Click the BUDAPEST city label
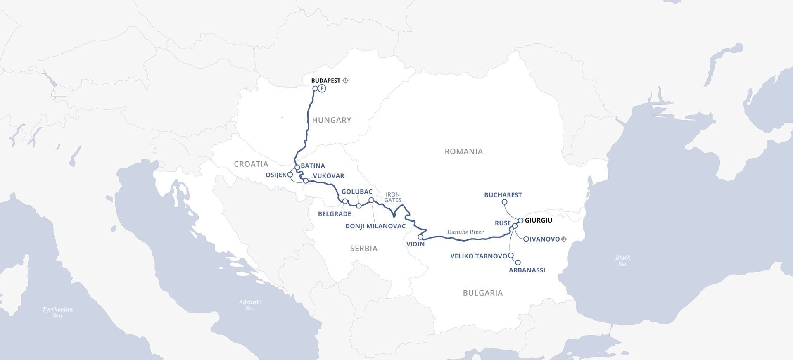coord(325,81)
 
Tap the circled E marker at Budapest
coord(322,88)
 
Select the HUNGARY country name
coord(332,120)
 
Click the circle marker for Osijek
coord(290,175)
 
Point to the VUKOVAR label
coord(328,176)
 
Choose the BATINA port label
coord(313,166)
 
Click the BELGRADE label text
coord(335,214)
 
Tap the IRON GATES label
coord(392,197)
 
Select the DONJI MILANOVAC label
coord(375,226)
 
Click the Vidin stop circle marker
coord(420,237)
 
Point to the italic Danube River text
coord(465,232)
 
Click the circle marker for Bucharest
coord(504,202)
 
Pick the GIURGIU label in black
coord(538,220)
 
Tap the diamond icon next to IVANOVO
coord(564,239)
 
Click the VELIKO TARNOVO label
coord(478,256)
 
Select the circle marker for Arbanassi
coord(518,263)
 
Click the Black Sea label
coord(623,261)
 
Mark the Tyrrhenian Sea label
coord(57,313)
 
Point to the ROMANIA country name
coord(463,152)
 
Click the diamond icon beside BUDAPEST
coord(346,81)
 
